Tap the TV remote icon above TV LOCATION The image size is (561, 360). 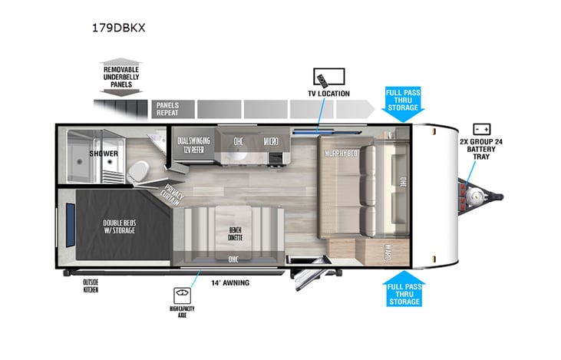pos(328,77)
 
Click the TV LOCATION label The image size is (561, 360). pos(328,94)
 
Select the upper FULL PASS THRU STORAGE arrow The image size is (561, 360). pos(403,103)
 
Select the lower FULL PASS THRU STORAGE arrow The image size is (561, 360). pos(403,289)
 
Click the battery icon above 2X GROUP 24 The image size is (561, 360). pos(482,129)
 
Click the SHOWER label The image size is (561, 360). pos(103,154)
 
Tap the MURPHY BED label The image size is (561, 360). pos(342,154)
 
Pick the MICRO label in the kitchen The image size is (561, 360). pos(270,141)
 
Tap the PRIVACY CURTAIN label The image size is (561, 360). pos(173,194)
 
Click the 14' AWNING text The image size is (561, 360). pos(231,282)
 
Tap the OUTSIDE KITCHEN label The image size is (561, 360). pos(91,286)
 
